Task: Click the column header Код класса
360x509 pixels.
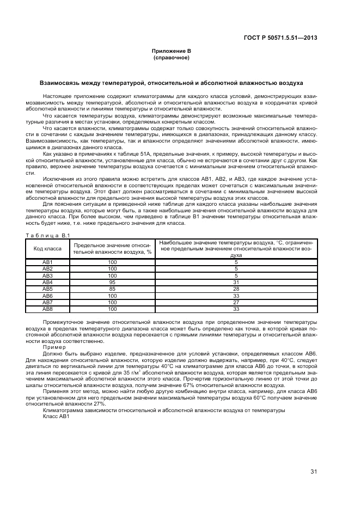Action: (47, 248)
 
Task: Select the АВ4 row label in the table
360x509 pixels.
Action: (47, 282)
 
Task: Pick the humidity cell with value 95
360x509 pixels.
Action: (112, 282)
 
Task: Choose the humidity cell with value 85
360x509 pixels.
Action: (112, 289)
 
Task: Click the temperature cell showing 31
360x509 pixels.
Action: (236, 282)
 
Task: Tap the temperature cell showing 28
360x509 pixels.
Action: (236, 289)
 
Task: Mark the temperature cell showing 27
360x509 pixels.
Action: (236, 302)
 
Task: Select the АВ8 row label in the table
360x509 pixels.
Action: (47, 309)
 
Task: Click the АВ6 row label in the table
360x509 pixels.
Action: (47, 296)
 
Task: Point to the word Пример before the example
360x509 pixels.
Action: (54, 347)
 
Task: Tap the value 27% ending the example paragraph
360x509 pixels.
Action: (99, 404)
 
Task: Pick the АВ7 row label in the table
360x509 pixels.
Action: (47, 302)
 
